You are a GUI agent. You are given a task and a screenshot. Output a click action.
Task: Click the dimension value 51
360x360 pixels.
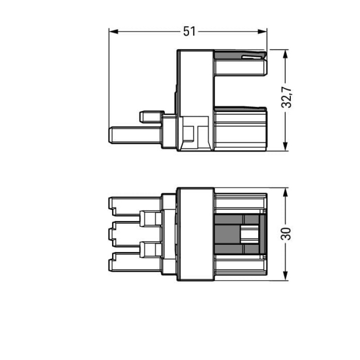pos(189,31)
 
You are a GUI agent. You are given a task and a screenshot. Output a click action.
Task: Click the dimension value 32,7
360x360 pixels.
pos(287,97)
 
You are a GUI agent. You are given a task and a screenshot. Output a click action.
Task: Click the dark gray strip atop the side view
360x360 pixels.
pos(238,55)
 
